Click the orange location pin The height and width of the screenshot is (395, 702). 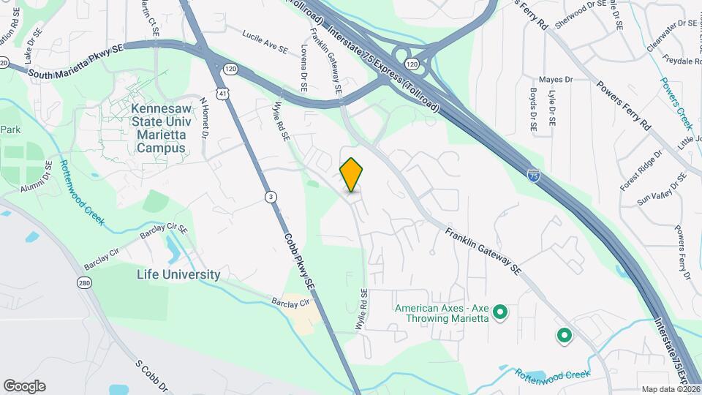tap(351, 175)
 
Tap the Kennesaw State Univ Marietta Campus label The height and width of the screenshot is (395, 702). tap(158, 128)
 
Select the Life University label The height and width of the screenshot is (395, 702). tap(178, 275)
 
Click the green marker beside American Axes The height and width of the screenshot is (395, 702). tap(500, 314)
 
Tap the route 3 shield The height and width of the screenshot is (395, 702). tap(271, 197)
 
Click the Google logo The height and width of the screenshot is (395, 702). tap(24, 386)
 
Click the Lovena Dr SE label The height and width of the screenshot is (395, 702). tap(303, 68)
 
